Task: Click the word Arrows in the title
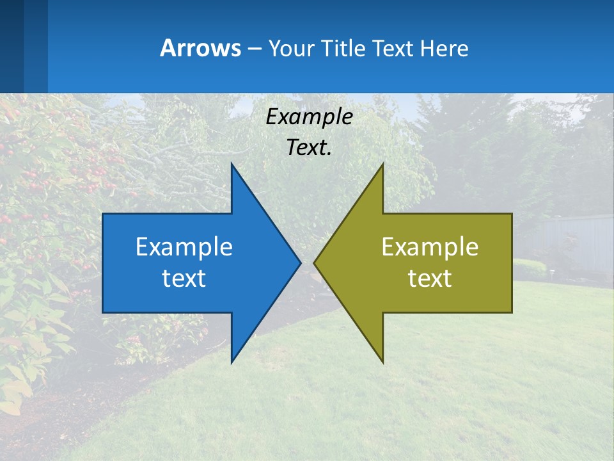pos(200,48)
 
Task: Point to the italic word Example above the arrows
pos(310,117)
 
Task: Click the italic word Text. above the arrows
pos(310,147)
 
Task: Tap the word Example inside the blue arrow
pos(184,247)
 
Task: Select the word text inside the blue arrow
pos(184,278)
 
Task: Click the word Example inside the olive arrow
pos(430,247)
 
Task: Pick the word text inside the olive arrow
pos(430,278)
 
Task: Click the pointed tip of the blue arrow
pos(299,263)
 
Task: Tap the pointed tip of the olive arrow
pos(315,263)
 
